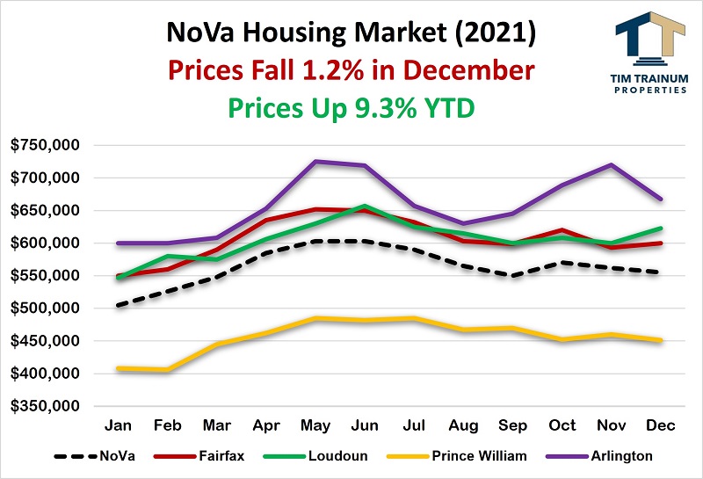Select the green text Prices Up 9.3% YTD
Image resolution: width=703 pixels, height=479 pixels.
351,106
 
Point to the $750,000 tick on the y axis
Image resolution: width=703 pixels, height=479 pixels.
43,145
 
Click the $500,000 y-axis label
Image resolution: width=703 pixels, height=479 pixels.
43,308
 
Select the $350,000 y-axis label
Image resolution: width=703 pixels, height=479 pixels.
43,407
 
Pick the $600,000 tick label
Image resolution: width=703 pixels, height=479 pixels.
43,243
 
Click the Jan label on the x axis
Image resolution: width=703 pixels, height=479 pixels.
118,426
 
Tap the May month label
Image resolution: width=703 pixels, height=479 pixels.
315,426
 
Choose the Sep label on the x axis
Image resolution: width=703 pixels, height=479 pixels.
513,426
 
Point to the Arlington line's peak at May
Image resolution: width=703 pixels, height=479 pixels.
315,162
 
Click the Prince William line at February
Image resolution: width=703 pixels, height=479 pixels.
167,370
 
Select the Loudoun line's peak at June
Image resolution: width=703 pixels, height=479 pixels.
365,206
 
